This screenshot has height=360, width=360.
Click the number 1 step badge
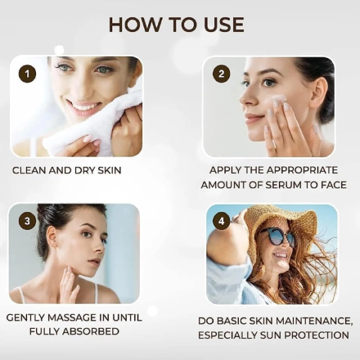click(27, 74)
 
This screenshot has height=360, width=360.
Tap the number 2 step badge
click(221, 74)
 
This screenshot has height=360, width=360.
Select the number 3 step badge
click(27, 221)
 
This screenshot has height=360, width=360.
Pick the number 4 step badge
click(221, 221)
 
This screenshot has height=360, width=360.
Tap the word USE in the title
click(224, 25)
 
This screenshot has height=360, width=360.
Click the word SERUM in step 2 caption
click(284, 185)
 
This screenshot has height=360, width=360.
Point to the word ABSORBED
click(91, 332)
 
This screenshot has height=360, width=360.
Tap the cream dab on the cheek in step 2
click(279, 100)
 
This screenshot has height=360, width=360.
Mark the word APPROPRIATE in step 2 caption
click(302, 170)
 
